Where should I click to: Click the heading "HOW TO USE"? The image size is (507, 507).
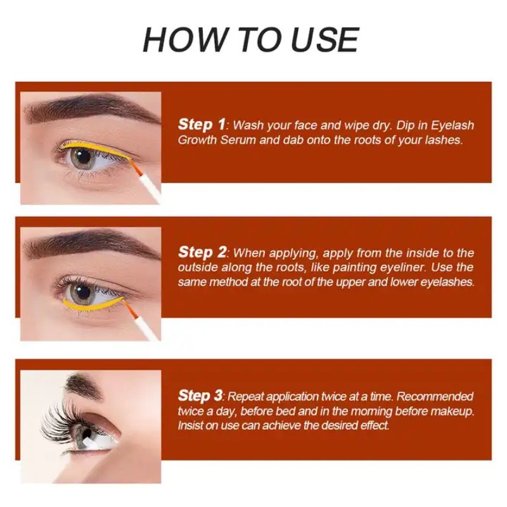tap(251, 40)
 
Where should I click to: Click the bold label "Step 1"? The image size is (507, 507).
tap(202, 124)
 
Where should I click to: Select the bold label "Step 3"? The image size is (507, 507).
tap(200, 395)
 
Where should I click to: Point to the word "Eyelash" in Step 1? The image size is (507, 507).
tap(451, 125)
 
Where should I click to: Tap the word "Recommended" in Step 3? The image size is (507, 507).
tap(435, 397)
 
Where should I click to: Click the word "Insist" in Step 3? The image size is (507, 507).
tap(191, 426)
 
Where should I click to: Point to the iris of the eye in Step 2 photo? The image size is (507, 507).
tap(81, 293)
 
